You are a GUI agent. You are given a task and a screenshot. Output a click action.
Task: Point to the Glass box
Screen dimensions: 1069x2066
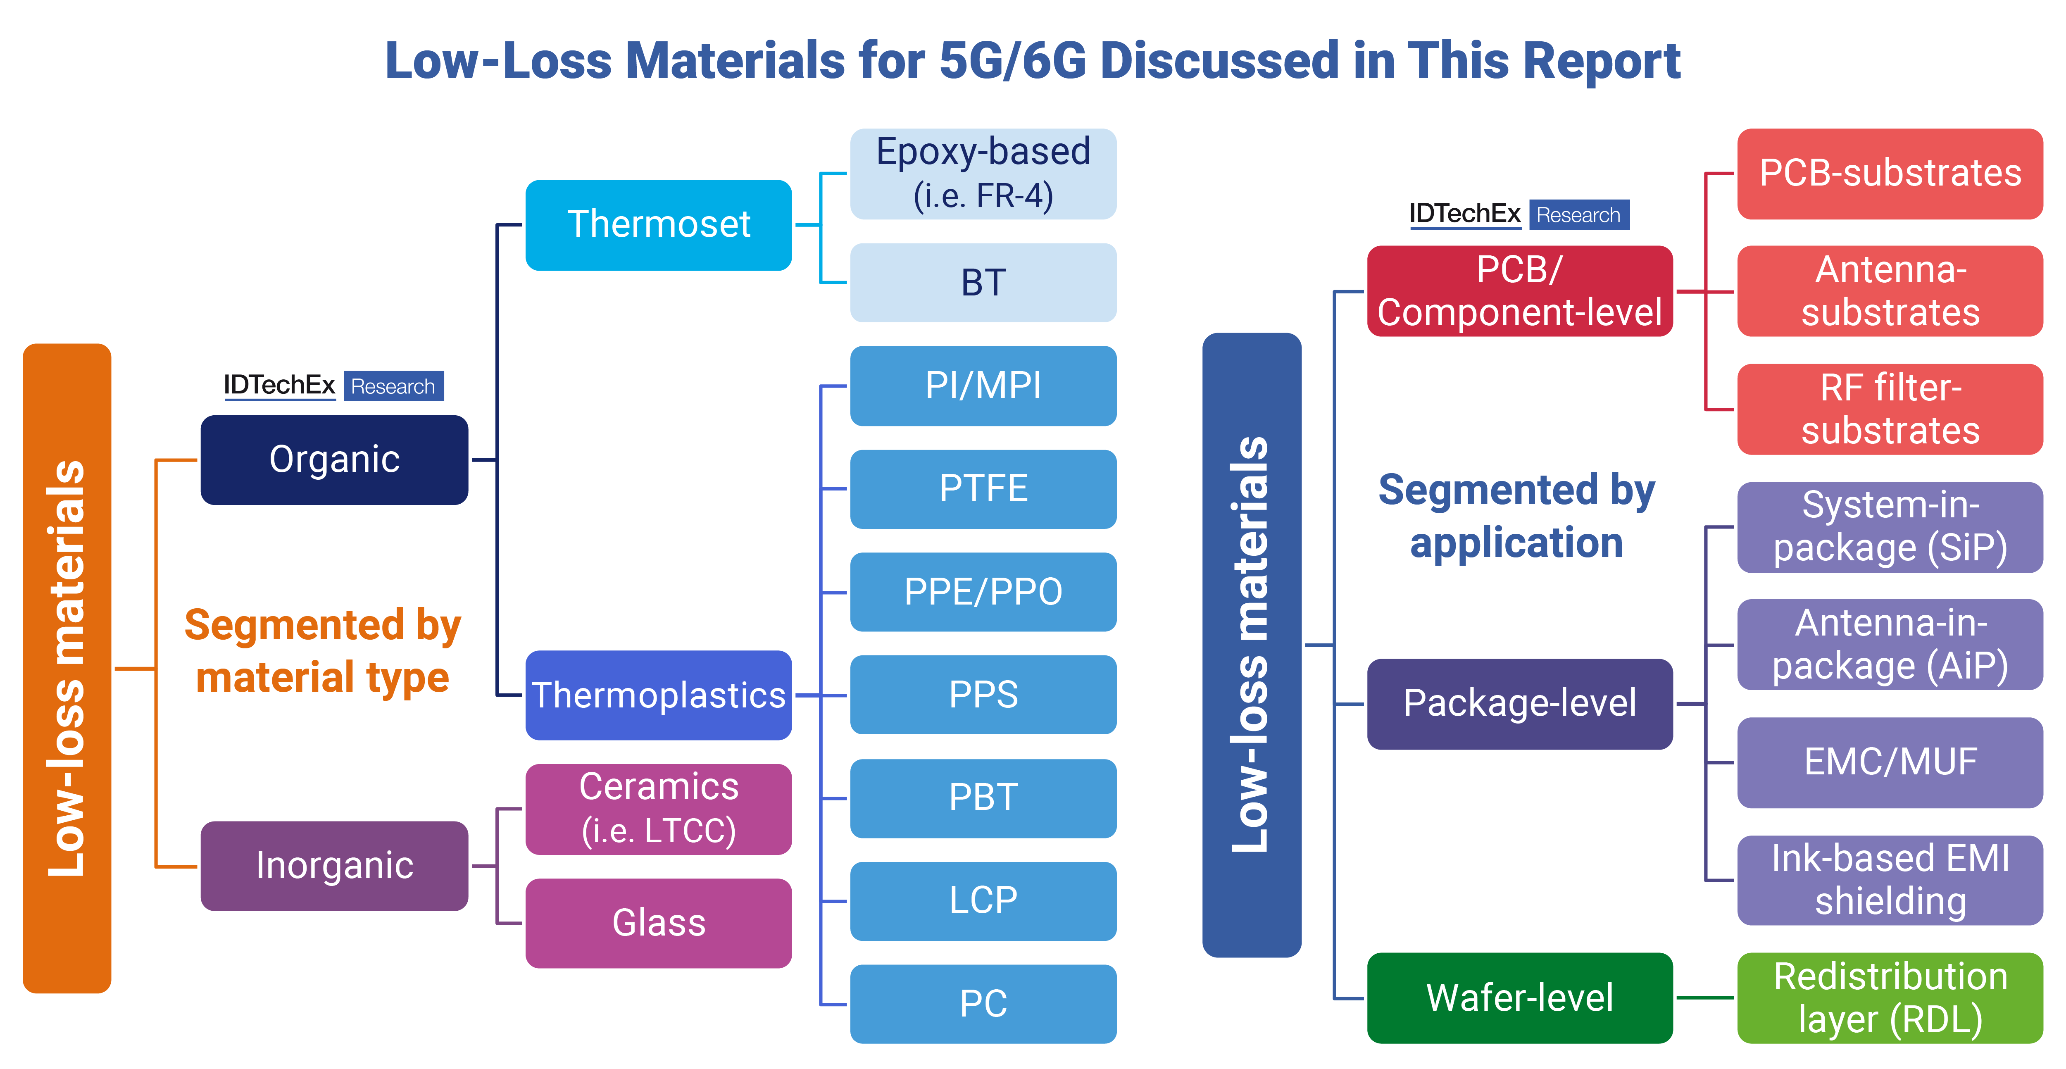click(659, 923)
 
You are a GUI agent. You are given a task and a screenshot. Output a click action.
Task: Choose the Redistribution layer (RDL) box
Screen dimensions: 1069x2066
click(1890, 998)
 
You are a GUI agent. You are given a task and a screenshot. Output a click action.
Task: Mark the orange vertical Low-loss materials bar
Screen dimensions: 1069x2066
click(67, 668)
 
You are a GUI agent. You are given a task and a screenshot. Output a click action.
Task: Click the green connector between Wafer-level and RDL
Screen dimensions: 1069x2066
click(1705, 998)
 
